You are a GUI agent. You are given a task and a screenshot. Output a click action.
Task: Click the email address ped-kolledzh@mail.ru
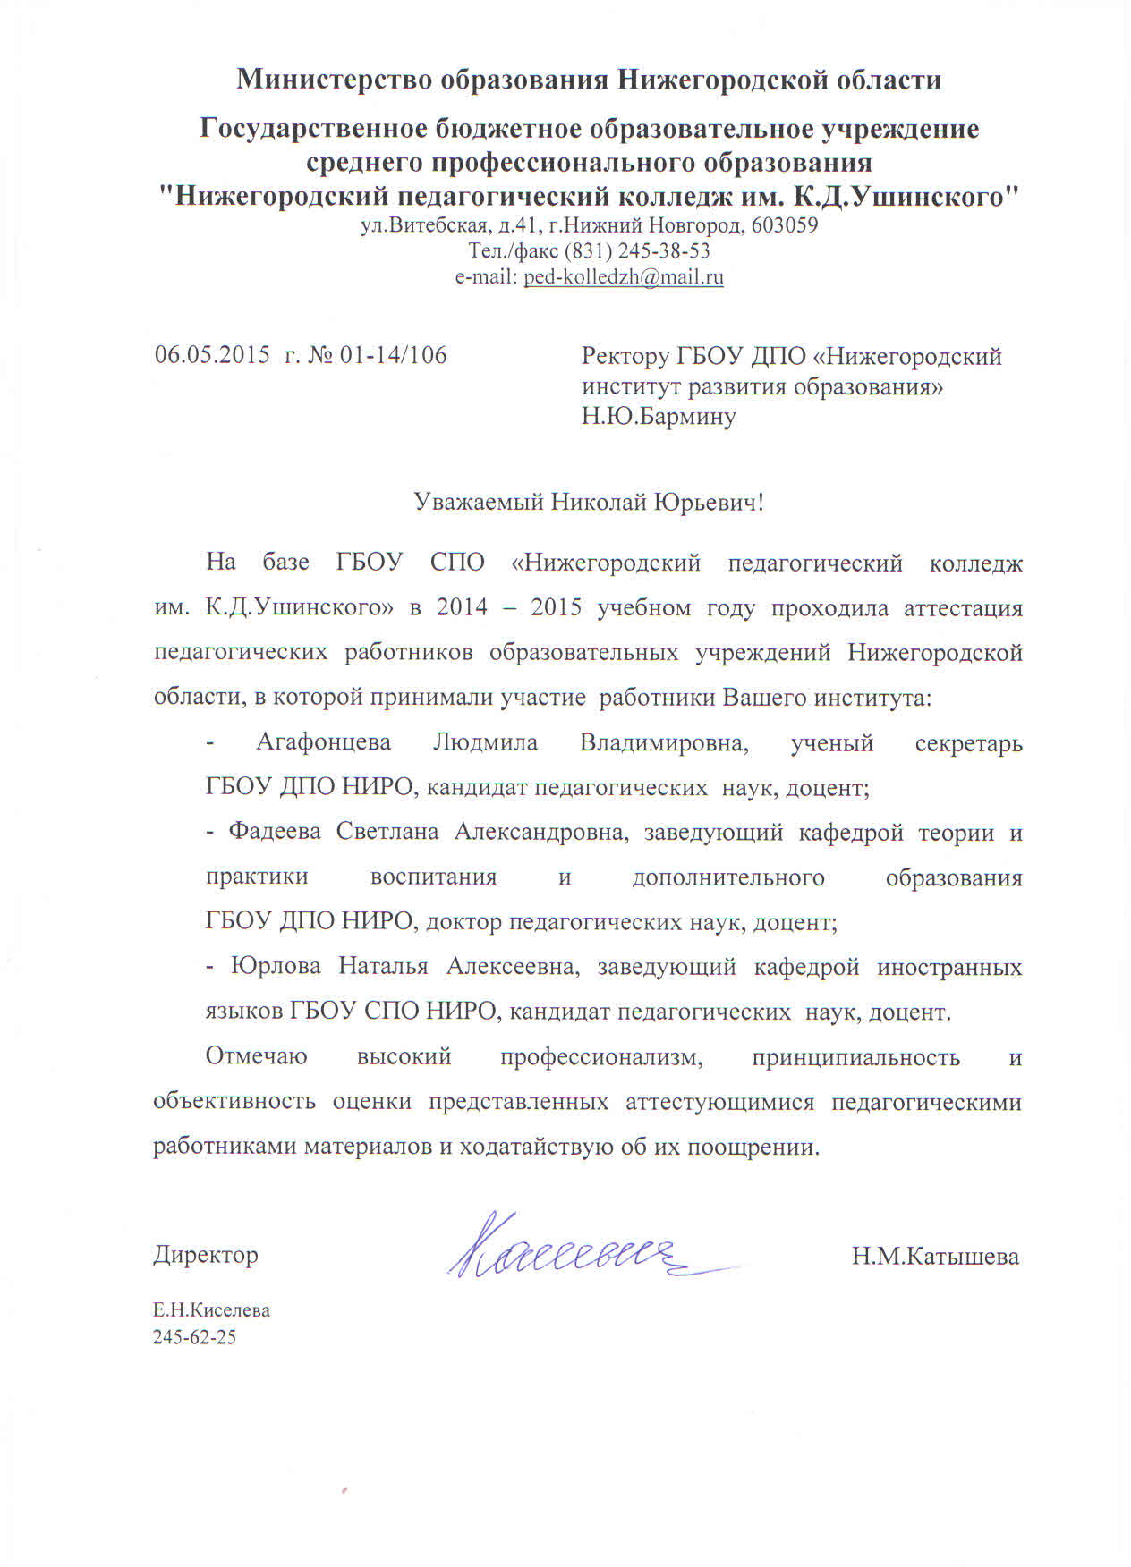pos(624,277)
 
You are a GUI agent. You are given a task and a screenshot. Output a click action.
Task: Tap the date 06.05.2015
pos(212,355)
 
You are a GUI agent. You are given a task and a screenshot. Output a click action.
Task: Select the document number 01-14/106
pos(393,355)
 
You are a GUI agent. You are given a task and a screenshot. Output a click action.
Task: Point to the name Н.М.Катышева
pos(935,1257)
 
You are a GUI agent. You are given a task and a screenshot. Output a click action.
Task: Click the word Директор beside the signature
pos(206,1255)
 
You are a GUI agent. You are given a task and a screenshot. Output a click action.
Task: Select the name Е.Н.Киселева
pos(211,1310)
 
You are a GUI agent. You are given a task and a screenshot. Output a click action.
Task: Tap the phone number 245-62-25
pos(194,1338)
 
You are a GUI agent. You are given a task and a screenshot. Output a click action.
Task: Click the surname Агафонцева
pos(324,743)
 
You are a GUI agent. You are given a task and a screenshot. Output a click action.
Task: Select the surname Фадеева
pos(275,833)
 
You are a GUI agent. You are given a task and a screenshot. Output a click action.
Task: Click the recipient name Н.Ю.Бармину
pos(659,417)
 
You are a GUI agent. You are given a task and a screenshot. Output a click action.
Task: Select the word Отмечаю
pos(257,1057)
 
